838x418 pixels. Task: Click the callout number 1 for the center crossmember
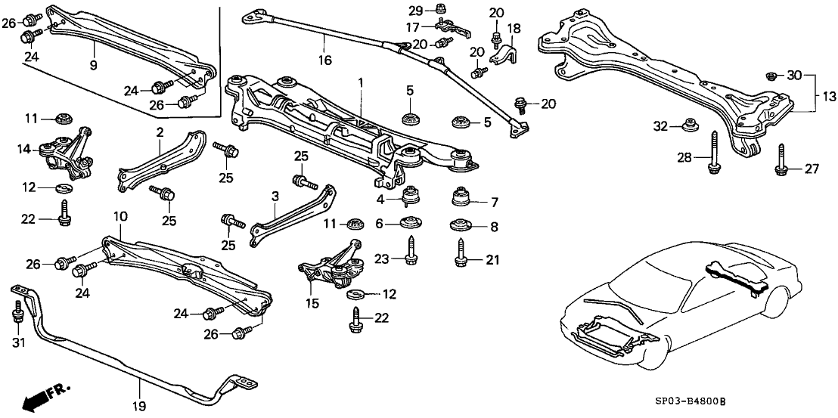[361, 82]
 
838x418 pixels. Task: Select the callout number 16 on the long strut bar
[324, 60]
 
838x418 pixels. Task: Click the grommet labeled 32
[688, 124]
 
